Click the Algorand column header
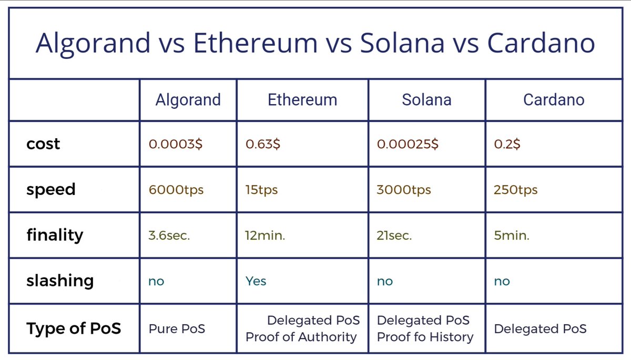pos(188,100)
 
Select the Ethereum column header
pos(302,100)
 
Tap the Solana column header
pos(426,100)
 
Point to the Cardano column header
pos(554,100)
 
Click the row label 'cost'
pos(43,144)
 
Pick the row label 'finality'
pos(55,235)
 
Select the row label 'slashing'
pos(60,281)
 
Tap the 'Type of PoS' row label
pos(74,329)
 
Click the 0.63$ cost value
pos(263,145)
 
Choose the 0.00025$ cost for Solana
pos(408,145)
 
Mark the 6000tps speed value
pos(176,190)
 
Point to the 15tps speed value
pos(261,190)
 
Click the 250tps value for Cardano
pos(515,190)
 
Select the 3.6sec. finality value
pos(169,235)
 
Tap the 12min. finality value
pos(265,235)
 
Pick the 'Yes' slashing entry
pos(256,281)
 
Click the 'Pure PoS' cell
pos(177,329)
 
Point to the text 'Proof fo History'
pos(425,337)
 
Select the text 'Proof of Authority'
pos(301,337)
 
